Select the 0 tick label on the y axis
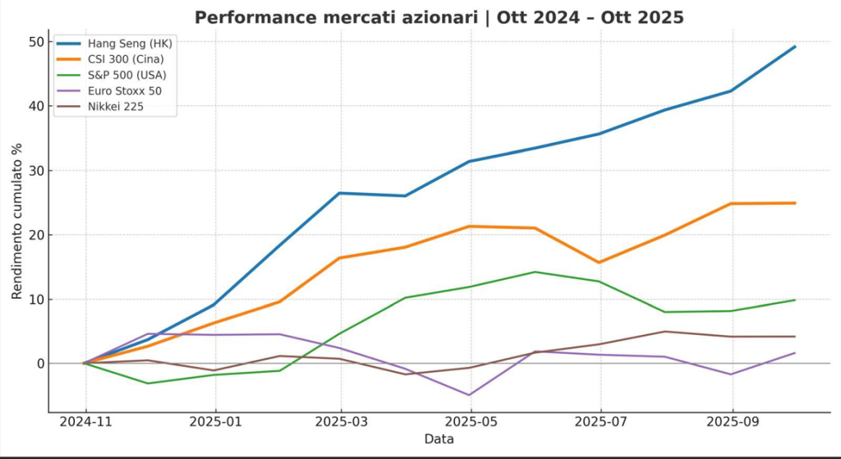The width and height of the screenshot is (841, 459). click(x=37, y=364)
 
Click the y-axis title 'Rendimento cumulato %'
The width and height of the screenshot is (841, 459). click(x=16, y=220)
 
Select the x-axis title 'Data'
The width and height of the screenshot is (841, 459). click(x=439, y=440)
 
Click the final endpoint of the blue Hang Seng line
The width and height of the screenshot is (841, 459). click(x=795, y=46)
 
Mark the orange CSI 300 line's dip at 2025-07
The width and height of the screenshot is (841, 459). click(x=600, y=263)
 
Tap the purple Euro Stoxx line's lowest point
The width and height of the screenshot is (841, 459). click(x=470, y=395)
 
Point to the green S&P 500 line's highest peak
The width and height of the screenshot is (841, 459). click(x=535, y=272)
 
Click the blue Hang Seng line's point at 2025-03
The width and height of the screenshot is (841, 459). click(x=340, y=193)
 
